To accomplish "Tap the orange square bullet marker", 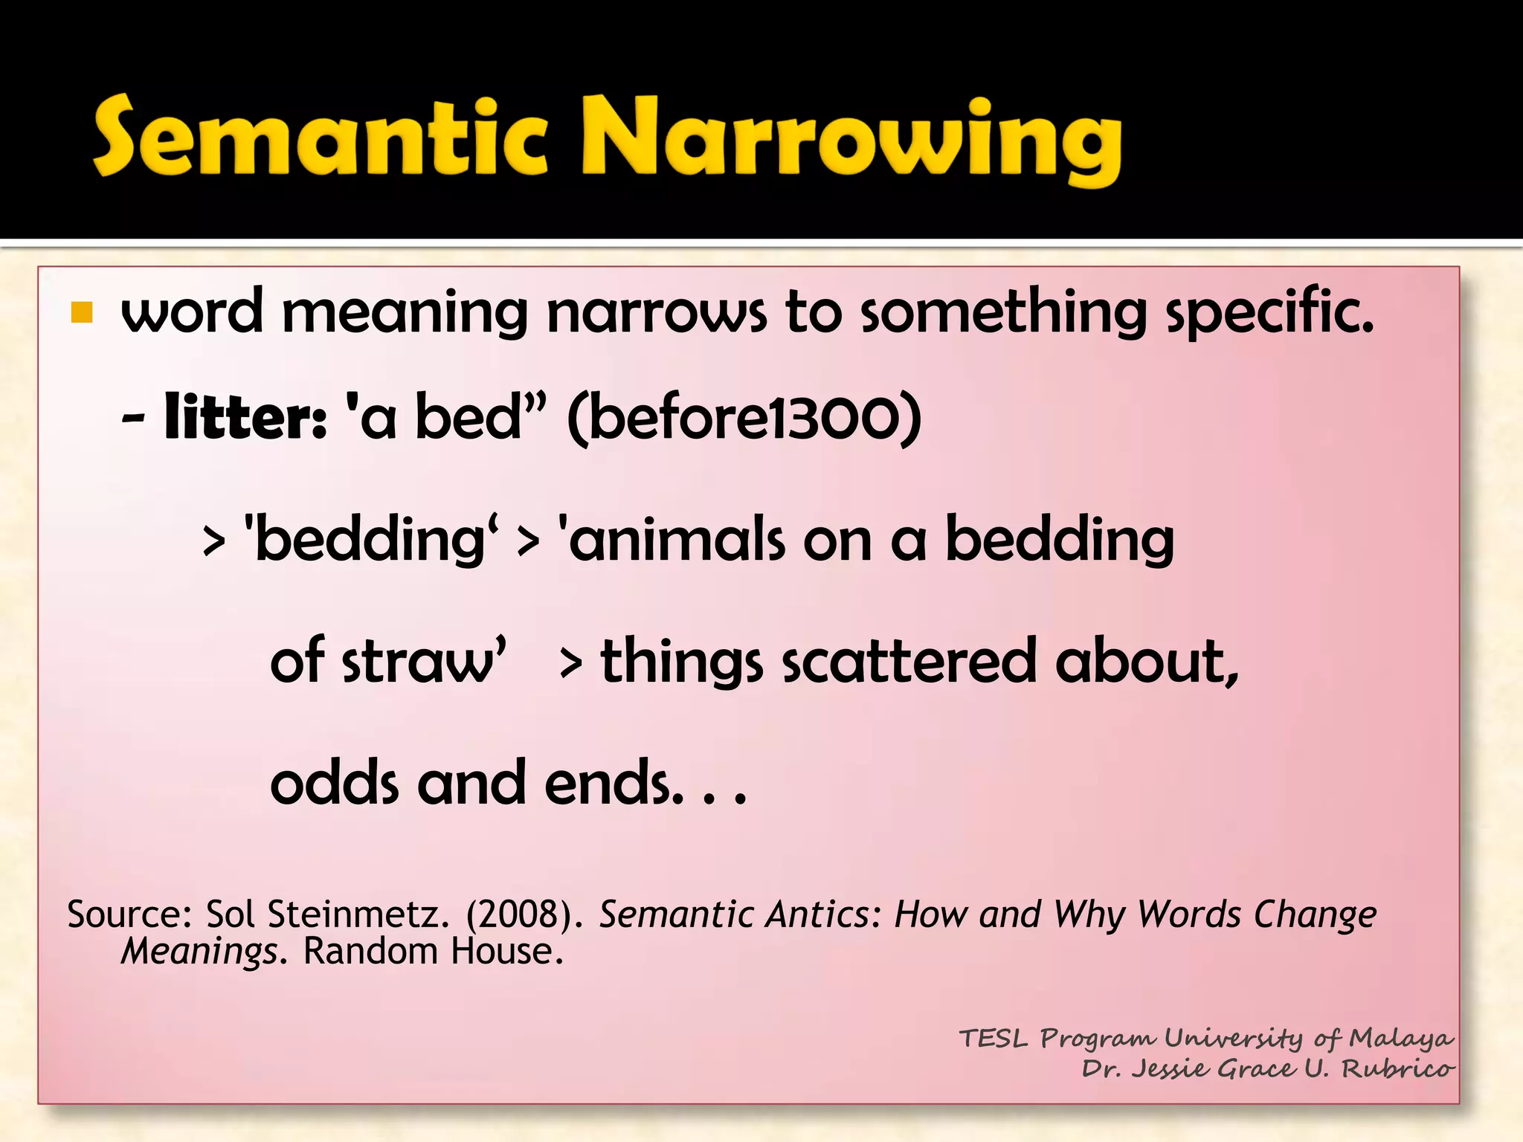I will click(82, 313).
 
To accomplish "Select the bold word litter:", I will click(245, 417).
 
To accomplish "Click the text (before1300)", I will click(744, 419).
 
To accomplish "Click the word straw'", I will click(424, 661).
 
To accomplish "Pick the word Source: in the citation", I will click(130, 914).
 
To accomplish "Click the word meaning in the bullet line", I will click(405, 313).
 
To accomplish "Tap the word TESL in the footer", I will click(993, 1038).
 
